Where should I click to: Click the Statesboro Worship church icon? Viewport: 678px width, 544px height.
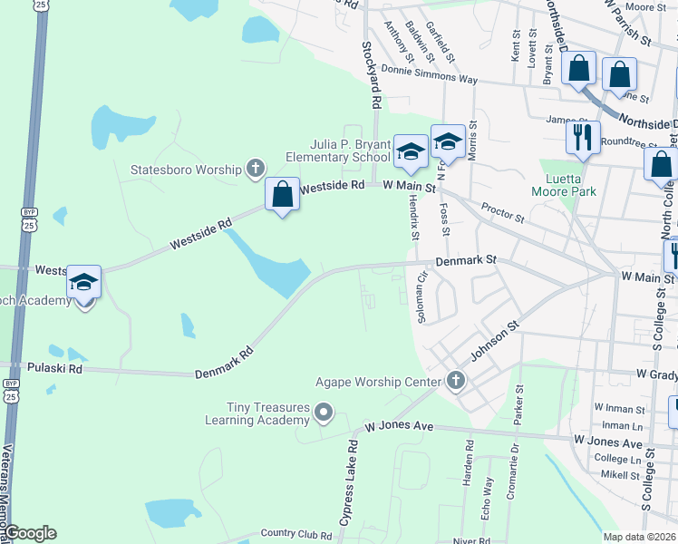(256, 169)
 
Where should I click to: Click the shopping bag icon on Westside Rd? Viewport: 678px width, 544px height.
(283, 194)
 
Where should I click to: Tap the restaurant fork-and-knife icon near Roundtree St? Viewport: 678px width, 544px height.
(582, 138)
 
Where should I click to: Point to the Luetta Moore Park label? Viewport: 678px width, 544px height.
(568, 185)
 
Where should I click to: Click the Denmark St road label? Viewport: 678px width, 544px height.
(466, 260)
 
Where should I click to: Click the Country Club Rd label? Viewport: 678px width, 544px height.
(295, 535)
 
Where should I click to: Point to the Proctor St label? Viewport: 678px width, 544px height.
(503, 213)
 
